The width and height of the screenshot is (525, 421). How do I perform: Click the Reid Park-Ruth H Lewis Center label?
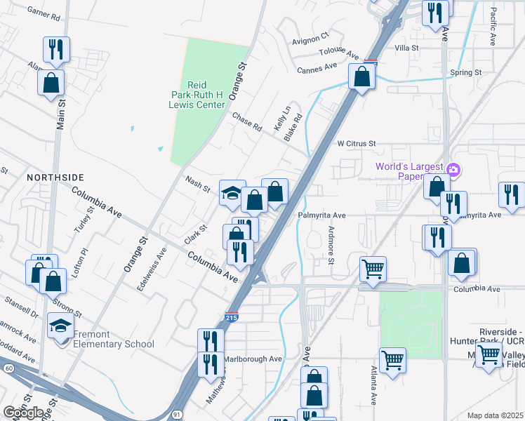(x=199, y=95)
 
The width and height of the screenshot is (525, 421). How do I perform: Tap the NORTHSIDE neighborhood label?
(x=55, y=178)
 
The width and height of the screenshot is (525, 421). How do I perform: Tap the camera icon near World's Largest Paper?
(x=453, y=169)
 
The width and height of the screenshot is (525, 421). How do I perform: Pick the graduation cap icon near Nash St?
(x=232, y=193)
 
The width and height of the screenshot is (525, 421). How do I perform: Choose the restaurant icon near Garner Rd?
(x=56, y=48)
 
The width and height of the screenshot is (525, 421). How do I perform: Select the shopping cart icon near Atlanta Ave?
(x=392, y=360)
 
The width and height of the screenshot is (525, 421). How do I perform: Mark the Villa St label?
(x=406, y=48)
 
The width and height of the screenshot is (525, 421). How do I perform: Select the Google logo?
(x=23, y=413)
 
